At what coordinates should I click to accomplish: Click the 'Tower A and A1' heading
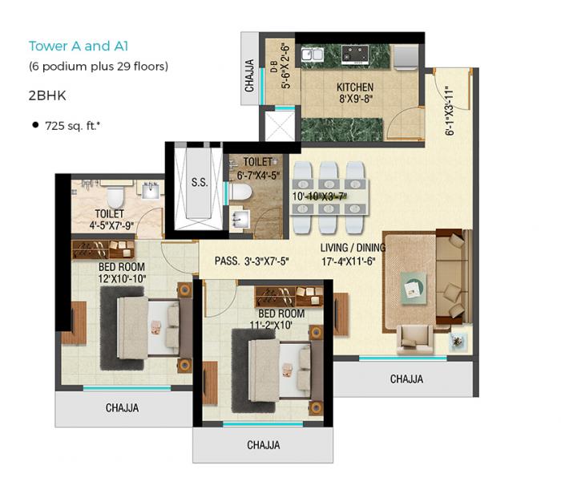(79, 47)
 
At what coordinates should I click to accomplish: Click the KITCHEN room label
(355, 87)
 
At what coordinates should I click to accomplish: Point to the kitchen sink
(311, 55)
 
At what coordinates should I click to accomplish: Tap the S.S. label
(200, 183)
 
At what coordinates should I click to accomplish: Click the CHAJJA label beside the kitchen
(250, 75)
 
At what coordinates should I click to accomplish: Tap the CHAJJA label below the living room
(406, 379)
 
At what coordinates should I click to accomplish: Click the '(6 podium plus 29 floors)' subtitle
(99, 67)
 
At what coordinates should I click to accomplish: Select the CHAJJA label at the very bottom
(263, 445)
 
